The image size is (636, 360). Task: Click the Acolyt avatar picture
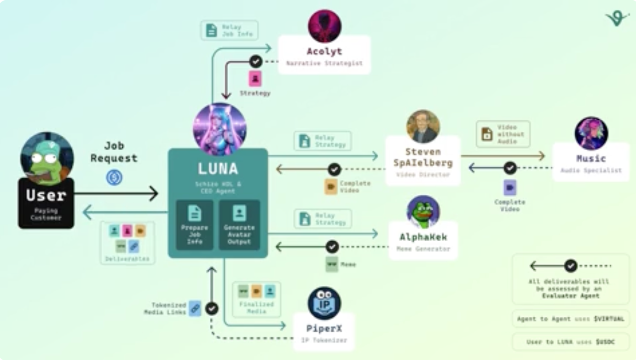coord(324,26)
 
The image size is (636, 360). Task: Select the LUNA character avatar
coord(220,129)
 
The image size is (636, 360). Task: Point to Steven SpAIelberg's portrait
coord(423,126)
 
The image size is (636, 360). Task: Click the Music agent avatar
coord(591,134)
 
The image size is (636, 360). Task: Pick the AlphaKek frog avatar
coord(423,212)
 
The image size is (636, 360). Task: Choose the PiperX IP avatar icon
coord(324,303)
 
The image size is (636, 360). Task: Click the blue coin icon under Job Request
coord(114,177)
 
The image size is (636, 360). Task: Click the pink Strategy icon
coord(255,79)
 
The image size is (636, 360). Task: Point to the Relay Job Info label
coord(229,30)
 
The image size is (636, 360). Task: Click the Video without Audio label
coord(503,134)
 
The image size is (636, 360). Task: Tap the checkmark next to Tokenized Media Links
coord(212,308)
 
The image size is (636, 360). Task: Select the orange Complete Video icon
coord(331,186)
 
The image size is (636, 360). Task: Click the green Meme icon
coord(332,264)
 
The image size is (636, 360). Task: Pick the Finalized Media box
coord(256,299)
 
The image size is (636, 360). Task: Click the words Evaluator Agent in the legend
coord(570,296)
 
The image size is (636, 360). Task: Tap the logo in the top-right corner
coord(617,18)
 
